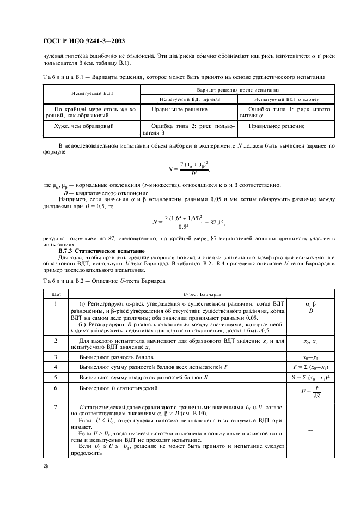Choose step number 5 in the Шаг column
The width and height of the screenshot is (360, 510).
pos(56,377)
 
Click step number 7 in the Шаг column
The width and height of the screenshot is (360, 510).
pos(56,407)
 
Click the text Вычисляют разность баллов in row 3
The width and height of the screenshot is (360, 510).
pos(116,356)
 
